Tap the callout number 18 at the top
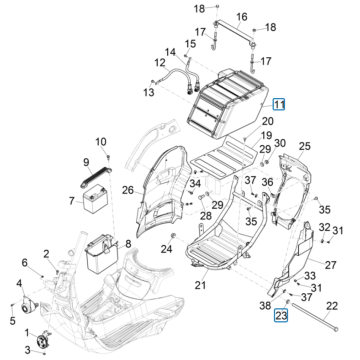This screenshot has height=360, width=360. pyautogui.click(x=198, y=8)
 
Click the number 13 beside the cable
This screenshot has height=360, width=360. pyautogui.click(x=149, y=93)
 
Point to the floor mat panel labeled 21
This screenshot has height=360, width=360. pyautogui.click(x=211, y=251)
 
